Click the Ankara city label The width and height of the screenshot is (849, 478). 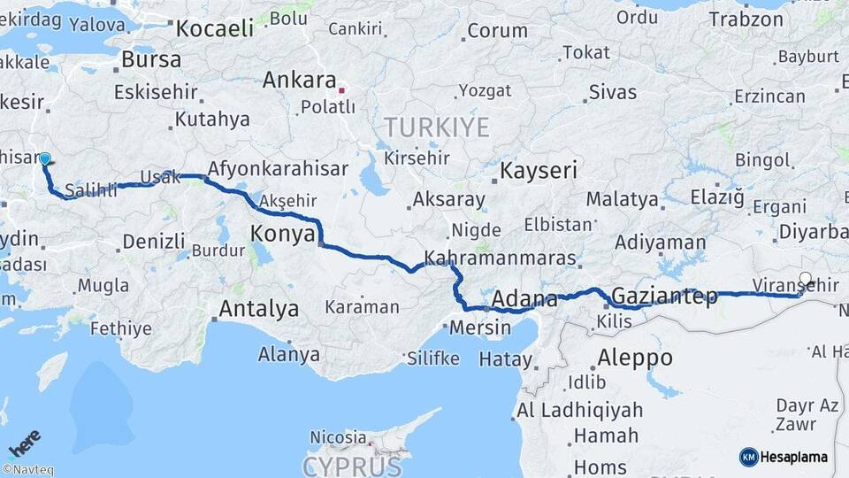pos(299,81)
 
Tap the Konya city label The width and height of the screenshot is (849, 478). pos(283,234)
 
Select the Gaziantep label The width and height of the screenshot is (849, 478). pos(664,297)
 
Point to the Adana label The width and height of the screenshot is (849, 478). pos(524,298)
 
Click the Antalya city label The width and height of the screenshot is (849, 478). pos(258,309)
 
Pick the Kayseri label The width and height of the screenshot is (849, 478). pos(540,171)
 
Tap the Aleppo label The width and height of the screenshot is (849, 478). pos(635,358)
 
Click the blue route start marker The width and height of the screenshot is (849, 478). pos(45,159)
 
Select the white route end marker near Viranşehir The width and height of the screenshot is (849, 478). pos(805,278)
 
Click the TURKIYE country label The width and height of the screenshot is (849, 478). pos(436,127)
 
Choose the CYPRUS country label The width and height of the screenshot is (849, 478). pos(352,466)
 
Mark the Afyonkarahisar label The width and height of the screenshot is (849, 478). pos(279,168)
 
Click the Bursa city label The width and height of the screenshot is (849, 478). pos(151,60)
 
